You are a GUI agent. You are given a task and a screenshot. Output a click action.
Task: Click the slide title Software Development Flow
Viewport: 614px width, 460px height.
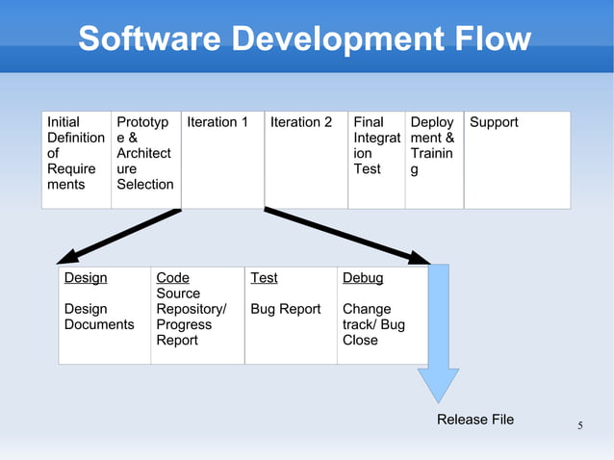[x=304, y=39]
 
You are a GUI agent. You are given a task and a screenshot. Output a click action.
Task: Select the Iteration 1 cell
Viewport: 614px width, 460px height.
[x=221, y=159]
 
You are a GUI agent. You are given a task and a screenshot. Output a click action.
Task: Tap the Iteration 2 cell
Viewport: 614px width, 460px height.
[x=305, y=159]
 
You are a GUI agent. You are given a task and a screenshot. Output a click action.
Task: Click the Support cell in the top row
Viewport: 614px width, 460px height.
[x=517, y=159]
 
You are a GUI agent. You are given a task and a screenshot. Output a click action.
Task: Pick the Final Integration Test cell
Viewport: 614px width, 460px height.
[x=375, y=159]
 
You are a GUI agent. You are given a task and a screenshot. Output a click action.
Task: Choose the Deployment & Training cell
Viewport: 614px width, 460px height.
[x=433, y=159]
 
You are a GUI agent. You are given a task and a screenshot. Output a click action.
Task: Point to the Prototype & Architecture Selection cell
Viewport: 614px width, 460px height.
[x=145, y=159]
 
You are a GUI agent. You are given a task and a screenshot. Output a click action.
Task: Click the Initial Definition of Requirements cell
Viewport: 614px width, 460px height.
[x=76, y=159]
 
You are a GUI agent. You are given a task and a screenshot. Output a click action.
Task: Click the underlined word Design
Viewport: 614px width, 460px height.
[x=86, y=278]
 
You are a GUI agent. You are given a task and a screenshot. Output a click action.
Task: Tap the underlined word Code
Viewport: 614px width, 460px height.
[x=173, y=278]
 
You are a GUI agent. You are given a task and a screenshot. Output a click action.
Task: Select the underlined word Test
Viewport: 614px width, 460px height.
[x=264, y=278]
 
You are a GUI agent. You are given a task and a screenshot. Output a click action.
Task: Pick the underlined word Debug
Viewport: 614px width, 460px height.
[x=363, y=278]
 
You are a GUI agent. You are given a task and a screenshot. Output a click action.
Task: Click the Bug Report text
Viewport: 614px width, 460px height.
[x=286, y=309]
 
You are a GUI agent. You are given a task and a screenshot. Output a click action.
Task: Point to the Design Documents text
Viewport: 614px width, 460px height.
[x=99, y=317]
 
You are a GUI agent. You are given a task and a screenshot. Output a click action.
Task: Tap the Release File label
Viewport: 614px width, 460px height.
[x=475, y=419]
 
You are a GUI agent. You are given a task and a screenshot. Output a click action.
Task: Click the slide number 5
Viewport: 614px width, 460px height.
[x=580, y=425]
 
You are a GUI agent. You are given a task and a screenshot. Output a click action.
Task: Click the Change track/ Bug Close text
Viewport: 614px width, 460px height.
[x=373, y=324]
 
